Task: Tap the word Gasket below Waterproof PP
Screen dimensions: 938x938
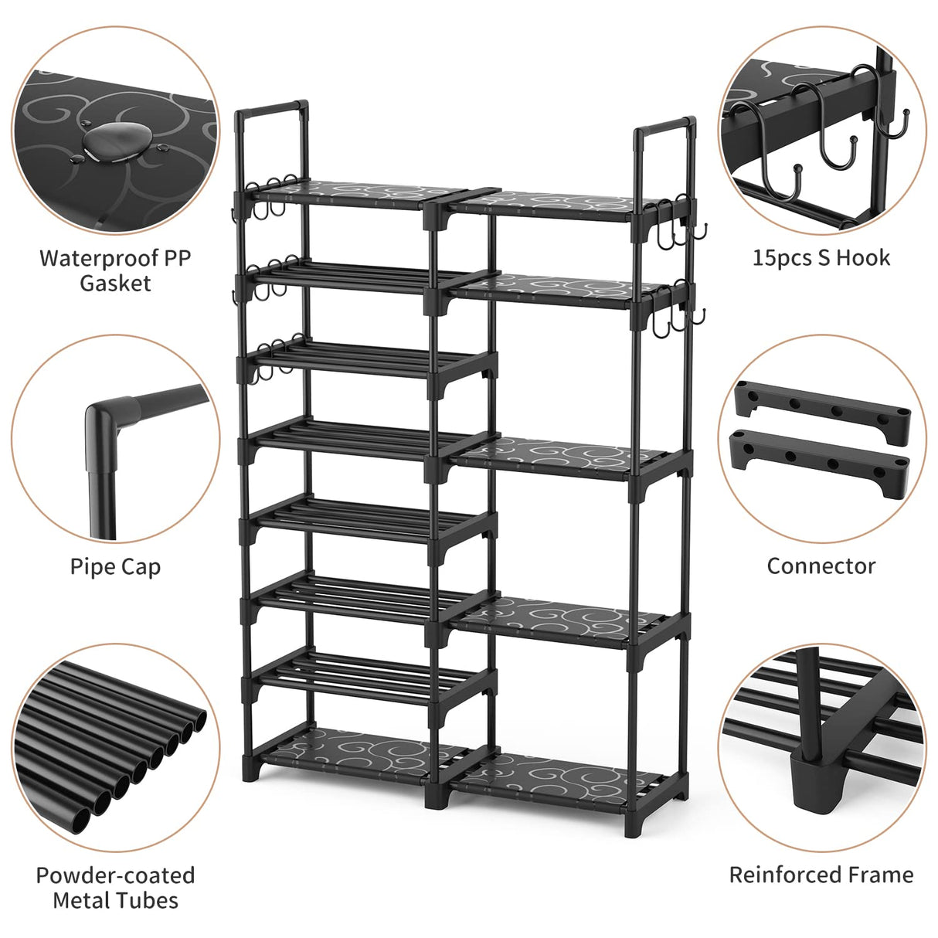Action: click(x=115, y=283)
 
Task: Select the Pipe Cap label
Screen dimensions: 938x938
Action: click(x=115, y=566)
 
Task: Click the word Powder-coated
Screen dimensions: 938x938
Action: click(x=115, y=875)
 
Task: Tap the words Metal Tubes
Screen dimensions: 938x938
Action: click(x=115, y=900)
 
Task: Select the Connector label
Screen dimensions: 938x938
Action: click(x=821, y=566)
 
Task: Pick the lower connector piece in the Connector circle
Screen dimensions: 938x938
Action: click(x=819, y=461)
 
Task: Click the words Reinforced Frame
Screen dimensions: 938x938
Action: click(x=821, y=875)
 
